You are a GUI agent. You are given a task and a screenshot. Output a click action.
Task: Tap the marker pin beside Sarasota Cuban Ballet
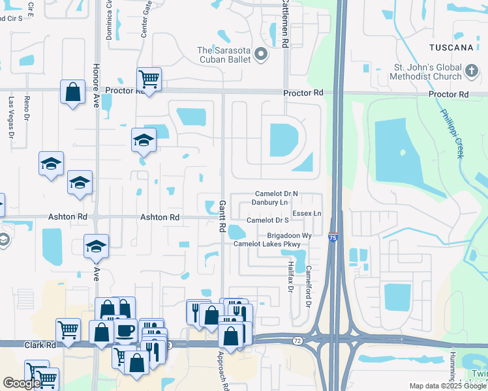pyautogui.click(x=262, y=55)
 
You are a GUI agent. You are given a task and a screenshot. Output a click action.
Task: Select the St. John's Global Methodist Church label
pyautogui.click(x=410, y=72)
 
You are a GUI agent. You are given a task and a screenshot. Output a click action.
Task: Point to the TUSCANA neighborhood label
pyautogui.click(x=451, y=48)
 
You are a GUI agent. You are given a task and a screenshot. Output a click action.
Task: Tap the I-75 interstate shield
pyautogui.click(x=333, y=237)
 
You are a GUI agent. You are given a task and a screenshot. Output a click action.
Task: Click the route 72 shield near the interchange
pyautogui.click(x=297, y=340)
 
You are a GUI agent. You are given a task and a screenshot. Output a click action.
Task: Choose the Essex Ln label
pyautogui.click(x=307, y=213)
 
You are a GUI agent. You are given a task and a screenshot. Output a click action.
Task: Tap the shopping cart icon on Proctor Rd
pyautogui.click(x=149, y=80)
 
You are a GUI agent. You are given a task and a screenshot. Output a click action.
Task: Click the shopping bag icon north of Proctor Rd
pyautogui.click(x=73, y=91)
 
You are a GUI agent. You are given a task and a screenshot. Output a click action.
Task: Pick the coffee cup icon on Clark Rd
pyautogui.click(x=125, y=330)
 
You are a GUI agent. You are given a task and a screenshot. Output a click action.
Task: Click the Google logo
pyautogui.click(x=22, y=383)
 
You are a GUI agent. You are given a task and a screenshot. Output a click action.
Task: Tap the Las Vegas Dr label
pyautogui.click(x=11, y=117)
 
